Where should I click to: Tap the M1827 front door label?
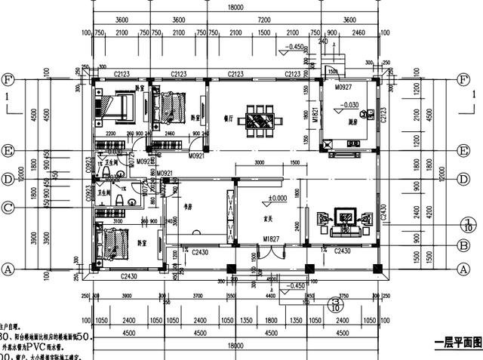click(x=272, y=239)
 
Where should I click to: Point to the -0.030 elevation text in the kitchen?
click(x=348, y=104)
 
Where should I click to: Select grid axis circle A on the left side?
click(x=8, y=268)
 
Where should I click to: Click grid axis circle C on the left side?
click(x=8, y=207)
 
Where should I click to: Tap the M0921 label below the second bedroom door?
click(x=197, y=155)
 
